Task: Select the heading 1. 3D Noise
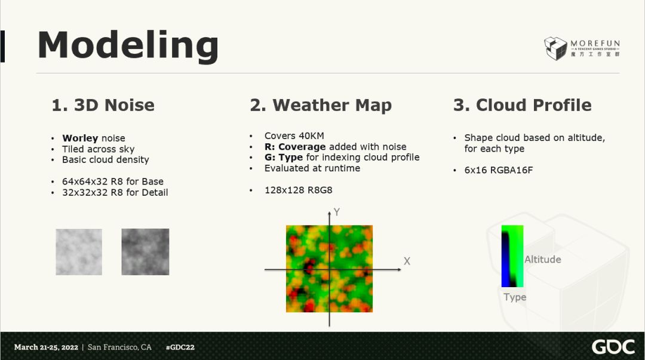click(103, 105)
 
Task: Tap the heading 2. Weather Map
click(321, 106)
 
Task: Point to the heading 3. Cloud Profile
click(522, 105)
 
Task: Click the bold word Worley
click(80, 139)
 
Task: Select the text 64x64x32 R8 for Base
click(113, 181)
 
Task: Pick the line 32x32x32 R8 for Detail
click(115, 193)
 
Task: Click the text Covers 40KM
click(294, 136)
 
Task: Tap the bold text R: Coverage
click(295, 147)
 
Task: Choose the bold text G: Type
click(284, 158)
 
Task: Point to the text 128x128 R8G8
click(298, 190)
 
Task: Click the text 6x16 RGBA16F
click(499, 170)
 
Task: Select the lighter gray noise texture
click(79, 252)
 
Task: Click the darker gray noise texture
click(145, 252)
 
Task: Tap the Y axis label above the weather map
click(337, 212)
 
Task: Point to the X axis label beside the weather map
click(407, 261)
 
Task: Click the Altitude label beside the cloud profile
click(542, 260)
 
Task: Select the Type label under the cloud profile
click(515, 297)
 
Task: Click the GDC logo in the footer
click(613, 347)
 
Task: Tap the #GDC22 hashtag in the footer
click(180, 347)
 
